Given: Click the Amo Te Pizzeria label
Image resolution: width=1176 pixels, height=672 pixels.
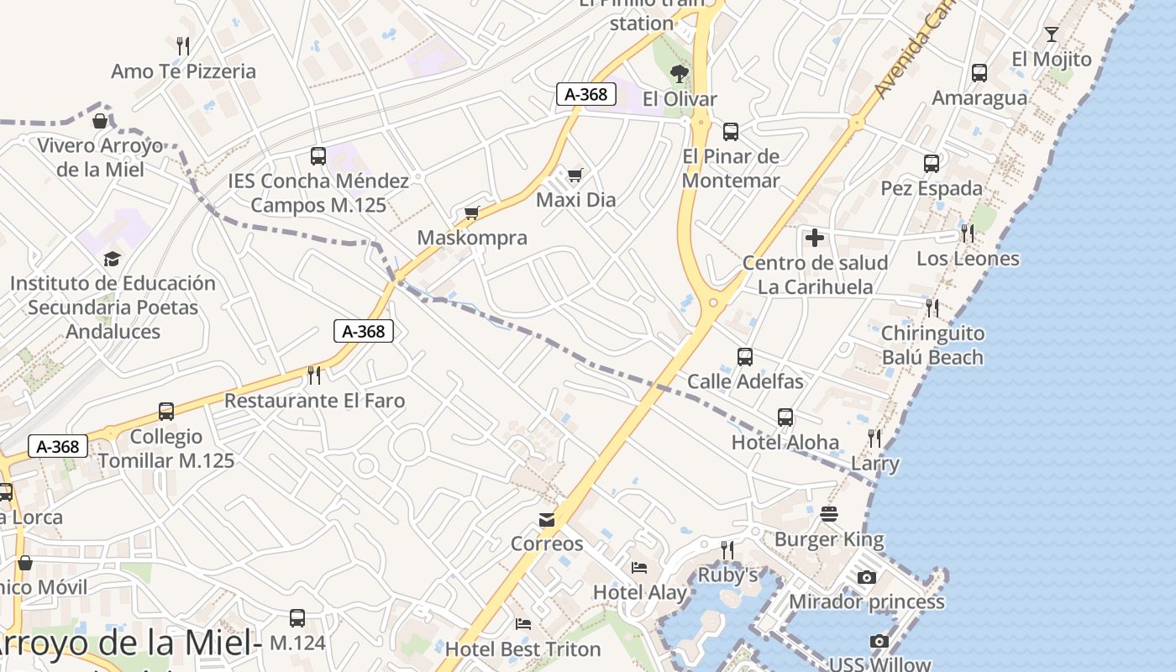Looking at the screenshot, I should tap(183, 71).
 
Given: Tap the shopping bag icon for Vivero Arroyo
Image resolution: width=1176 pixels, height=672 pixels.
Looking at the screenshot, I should tap(100, 122).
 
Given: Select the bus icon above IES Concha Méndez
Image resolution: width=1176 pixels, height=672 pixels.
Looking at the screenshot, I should tap(318, 155).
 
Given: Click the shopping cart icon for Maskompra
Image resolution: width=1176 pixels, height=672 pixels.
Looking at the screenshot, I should tap(472, 213).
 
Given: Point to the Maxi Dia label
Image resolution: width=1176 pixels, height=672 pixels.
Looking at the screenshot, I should tap(575, 200).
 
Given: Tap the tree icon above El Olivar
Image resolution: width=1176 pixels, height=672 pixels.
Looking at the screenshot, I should tap(680, 74).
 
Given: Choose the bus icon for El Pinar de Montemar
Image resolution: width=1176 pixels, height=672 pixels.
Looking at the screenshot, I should tap(731, 132).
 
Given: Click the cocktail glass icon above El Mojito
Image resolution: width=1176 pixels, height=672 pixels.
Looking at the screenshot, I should tap(1051, 34).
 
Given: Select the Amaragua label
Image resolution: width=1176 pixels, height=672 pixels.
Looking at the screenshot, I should tap(979, 98).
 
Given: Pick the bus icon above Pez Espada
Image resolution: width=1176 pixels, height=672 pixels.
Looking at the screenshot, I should tap(932, 164).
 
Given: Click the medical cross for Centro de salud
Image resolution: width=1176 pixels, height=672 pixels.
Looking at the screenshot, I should tap(814, 238).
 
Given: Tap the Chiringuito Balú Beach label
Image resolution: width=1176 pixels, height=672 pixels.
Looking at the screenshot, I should tap(932, 345).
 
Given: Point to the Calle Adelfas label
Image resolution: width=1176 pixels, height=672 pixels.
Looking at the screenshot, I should tap(745, 381).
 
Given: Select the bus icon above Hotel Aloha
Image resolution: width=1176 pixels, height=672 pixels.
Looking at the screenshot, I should tap(785, 417).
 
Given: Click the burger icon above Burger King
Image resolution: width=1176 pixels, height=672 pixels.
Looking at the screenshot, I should tap(829, 514).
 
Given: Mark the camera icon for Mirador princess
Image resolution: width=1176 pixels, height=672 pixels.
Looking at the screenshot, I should tap(867, 577).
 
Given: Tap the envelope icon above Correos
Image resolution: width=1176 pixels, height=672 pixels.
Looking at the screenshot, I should tap(547, 519).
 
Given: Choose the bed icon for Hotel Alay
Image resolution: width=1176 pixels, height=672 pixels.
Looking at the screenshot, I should tap(639, 568).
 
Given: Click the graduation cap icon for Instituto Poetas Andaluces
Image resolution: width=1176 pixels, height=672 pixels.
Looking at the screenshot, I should tap(113, 259).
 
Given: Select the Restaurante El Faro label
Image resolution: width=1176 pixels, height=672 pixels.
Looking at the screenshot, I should tap(314, 401).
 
